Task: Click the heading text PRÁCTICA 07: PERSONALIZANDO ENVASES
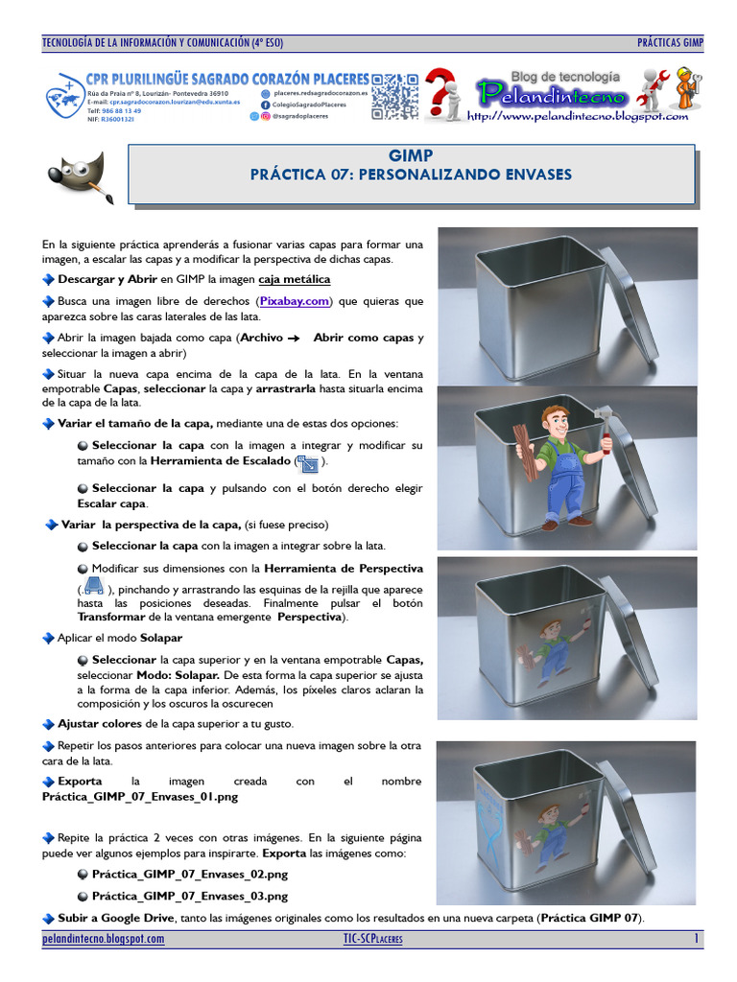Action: tap(411, 175)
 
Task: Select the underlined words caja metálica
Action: tap(295, 279)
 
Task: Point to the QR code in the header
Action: tap(394, 96)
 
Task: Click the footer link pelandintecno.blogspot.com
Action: tap(104, 939)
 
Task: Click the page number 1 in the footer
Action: tap(697, 939)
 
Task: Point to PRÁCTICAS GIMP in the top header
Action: tap(670, 43)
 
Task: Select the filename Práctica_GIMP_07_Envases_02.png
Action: tap(190, 875)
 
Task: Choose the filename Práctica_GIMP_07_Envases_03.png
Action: tap(190, 897)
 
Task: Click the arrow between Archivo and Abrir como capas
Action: tap(294, 339)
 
